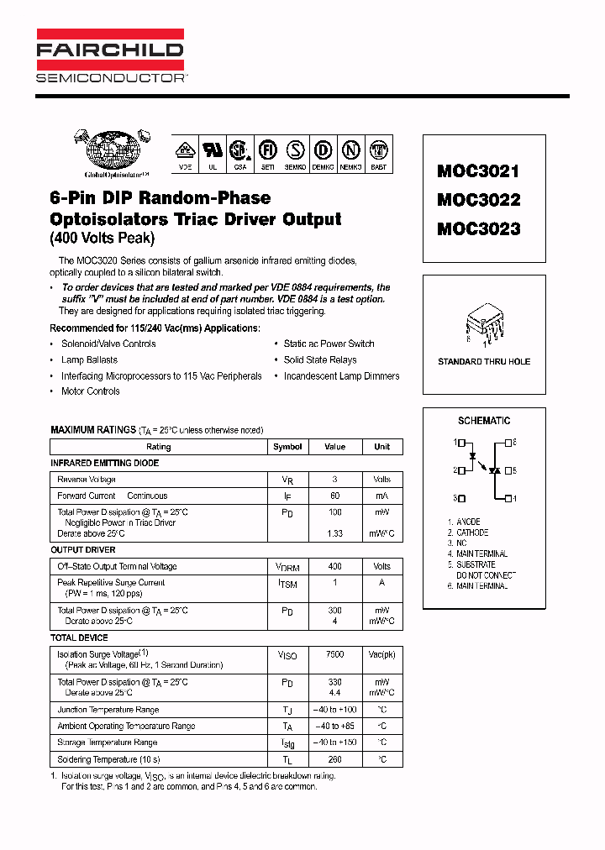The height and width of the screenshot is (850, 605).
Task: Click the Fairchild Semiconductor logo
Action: coord(110,55)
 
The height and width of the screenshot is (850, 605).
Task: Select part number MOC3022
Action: coord(478,200)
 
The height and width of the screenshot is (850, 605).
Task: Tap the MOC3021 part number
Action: coord(478,171)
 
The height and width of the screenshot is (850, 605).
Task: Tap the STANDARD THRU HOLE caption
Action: coord(484,362)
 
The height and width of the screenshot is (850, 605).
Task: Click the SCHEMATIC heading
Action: coord(484,421)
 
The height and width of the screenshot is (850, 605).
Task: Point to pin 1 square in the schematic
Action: coord(461,442)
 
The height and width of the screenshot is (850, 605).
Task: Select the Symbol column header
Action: coord(287,447)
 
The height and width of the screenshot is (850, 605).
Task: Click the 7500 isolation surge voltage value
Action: coord(335,654)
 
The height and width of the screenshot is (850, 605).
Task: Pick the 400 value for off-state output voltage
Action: coord(335,567)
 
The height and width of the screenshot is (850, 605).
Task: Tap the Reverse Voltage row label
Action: coord(87,480)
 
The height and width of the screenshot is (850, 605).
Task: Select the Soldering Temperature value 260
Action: coord(335,759)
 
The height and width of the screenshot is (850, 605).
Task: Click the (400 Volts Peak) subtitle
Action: coord(103,239)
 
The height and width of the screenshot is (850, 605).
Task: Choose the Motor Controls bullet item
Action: coord(90,391)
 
